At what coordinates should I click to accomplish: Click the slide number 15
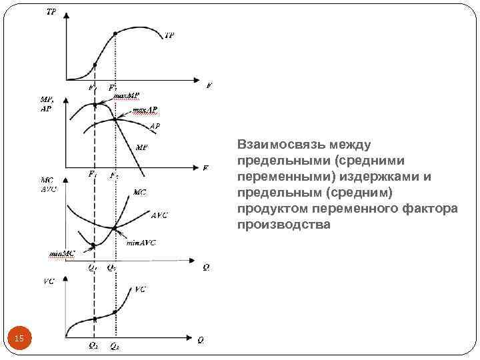pyautogui.click(x=19, y=341)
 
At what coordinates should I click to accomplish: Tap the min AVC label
pyautogui.click(x=141, y=243)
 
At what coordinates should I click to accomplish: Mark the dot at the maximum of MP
pyautogui.click(x=95, y=105)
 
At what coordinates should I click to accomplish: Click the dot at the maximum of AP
pyautogui.click(x=116, y=119)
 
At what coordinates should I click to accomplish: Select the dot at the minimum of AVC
pyautogui.click(x=116, y=229)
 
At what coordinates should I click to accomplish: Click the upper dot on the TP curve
pyautogui.click(x=116, y=33)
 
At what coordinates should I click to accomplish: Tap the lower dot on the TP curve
pyautogui.click(x=95, y=65)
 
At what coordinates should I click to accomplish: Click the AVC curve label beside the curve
pyautogui.click(x=159, y=215)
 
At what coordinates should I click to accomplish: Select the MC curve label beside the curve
pyautogui.click(x=140, y=193)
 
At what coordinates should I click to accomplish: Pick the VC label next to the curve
pyautogui.click(x=141, y=289)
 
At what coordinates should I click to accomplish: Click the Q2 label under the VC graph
pyautogui.click(x=115, y=347)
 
